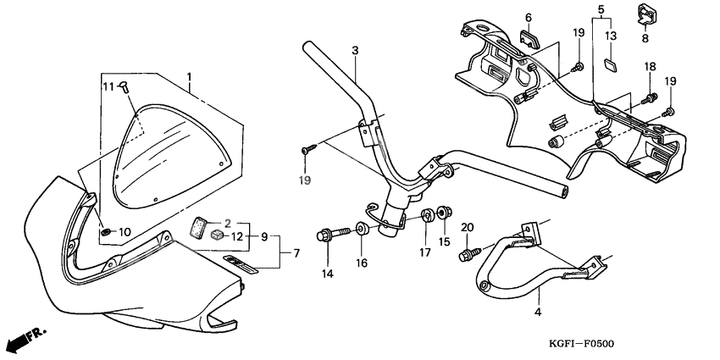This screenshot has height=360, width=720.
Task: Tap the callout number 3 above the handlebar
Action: (x=356, y=51)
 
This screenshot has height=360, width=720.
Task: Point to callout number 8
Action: (x=645, y=38)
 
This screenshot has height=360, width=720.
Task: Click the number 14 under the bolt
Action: (x=326, y=274)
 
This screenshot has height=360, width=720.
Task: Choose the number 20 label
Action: (x=466, y=228)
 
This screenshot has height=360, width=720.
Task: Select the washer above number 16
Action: (x=362, y=228)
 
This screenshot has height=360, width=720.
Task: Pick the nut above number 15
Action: (x=445, y=210)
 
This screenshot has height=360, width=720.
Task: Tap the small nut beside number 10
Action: (x=105, y=231)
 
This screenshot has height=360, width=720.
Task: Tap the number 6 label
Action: (x=528, y=17)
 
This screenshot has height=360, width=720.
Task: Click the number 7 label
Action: (x=296, y=253)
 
